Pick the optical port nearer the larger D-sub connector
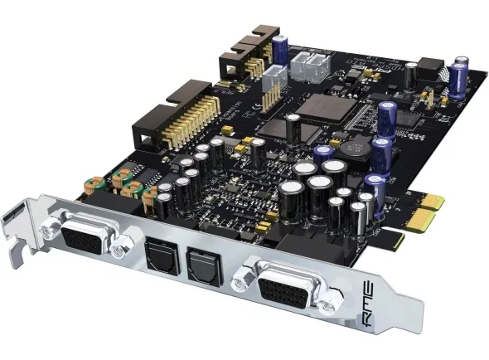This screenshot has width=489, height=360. (x=202, y=263)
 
